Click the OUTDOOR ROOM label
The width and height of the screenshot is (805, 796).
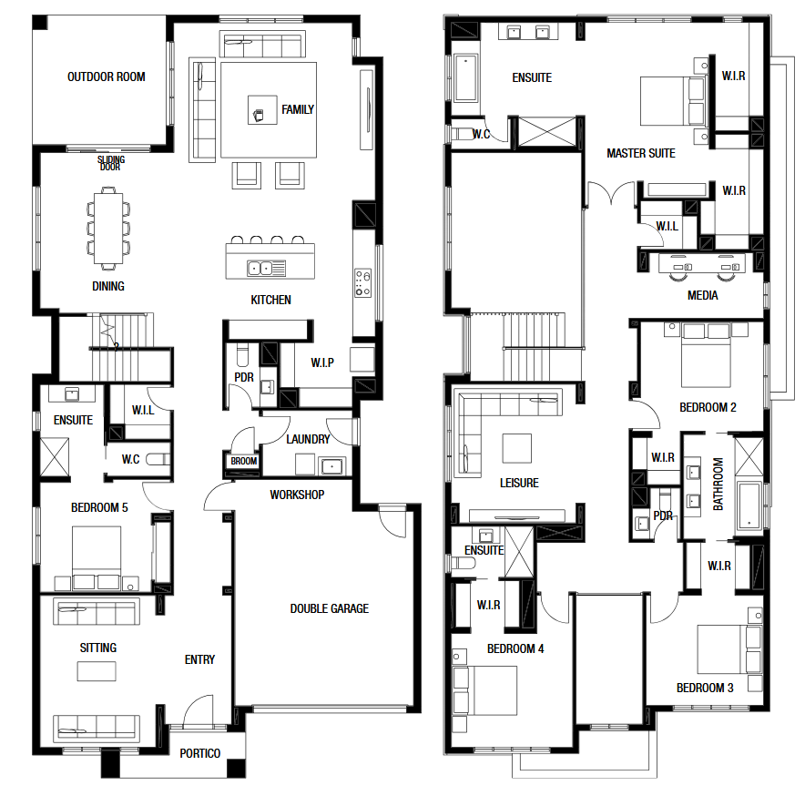coord(107,77)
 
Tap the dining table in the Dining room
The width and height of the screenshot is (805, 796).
coord(108,228)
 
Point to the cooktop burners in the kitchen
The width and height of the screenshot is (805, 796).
coord(362,283)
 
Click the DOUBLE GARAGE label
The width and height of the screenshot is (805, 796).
coord(329,608)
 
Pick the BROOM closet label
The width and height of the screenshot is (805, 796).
coord(243,461)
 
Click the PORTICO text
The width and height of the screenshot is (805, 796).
coord(199,753)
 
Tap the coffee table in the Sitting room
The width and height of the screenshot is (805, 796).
coord(97,671)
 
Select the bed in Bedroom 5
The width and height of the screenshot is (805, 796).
coord(97,557)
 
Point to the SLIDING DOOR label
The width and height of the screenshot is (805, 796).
coord(111,163)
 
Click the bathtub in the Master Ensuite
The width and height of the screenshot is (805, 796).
coord(466,77)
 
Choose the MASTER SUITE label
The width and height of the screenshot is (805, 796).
coord(641,153)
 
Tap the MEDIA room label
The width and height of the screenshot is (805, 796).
coord(702,295)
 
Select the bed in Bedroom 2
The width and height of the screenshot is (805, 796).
coord(706,355)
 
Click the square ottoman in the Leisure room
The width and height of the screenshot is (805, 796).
coord(517,448)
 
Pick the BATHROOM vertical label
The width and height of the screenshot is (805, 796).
coord(718,484)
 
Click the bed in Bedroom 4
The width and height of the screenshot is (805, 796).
coord(485,690)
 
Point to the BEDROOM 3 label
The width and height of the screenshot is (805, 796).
coord(705,688)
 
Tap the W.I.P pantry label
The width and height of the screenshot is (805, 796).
coord(322,362)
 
